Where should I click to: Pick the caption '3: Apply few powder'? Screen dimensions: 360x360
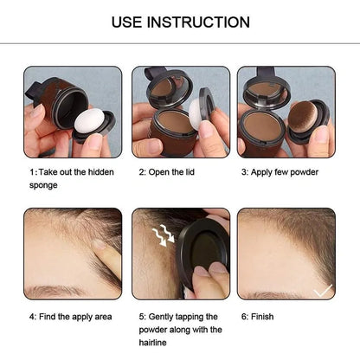point(280,172)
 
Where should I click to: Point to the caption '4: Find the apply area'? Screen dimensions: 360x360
point(71,317)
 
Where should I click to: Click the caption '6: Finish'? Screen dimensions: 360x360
point(257,317)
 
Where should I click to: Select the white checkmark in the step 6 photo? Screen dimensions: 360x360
point(322,290)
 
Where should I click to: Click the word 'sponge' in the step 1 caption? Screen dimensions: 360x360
point(43,184)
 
